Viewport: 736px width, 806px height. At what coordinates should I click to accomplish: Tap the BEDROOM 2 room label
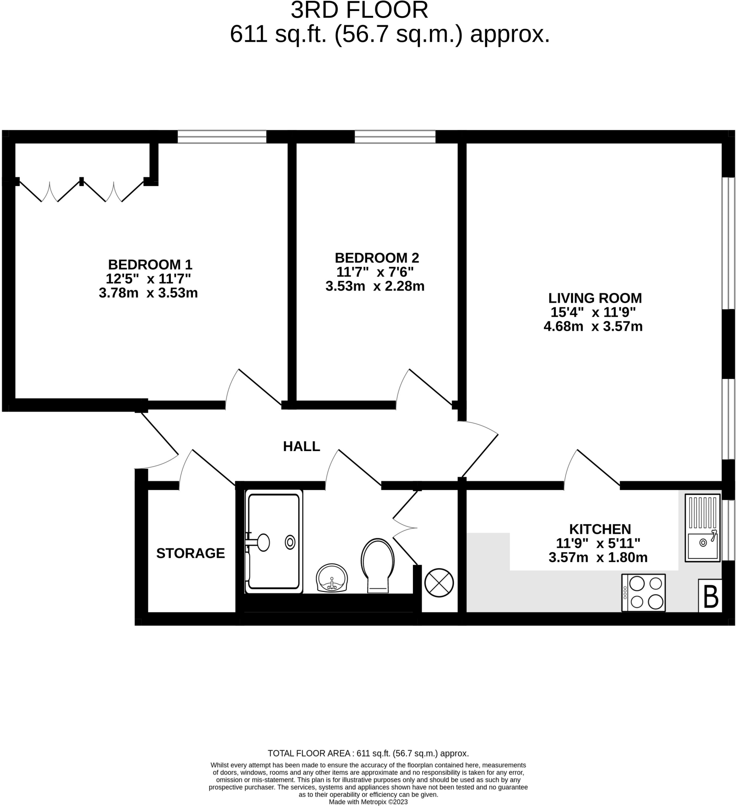point(377,257)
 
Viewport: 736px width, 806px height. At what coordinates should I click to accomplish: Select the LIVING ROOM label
point(595,298)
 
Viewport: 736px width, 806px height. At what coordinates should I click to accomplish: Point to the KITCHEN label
point(600,529)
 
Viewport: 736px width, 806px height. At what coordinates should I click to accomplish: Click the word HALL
point(301,446)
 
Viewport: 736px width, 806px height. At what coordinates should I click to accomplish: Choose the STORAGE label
point(190,553)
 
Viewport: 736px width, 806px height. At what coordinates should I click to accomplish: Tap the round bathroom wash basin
point(332,577)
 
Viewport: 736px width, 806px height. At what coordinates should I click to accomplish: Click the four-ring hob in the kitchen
point(643,593)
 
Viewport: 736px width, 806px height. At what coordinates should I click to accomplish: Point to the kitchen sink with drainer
point(703,528)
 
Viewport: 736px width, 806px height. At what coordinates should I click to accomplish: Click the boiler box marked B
point(710,596)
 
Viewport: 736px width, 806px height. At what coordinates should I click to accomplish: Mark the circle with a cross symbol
point(439,582)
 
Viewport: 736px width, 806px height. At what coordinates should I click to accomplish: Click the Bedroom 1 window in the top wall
point(222,137)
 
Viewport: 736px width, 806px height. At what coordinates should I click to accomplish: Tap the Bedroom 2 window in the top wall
point(395,137)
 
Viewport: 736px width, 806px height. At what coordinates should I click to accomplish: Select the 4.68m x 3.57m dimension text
point(593,326)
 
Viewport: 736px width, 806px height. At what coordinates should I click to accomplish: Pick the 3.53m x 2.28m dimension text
point(375,286)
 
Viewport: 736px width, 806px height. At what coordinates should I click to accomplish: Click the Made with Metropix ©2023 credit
point(368,802)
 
